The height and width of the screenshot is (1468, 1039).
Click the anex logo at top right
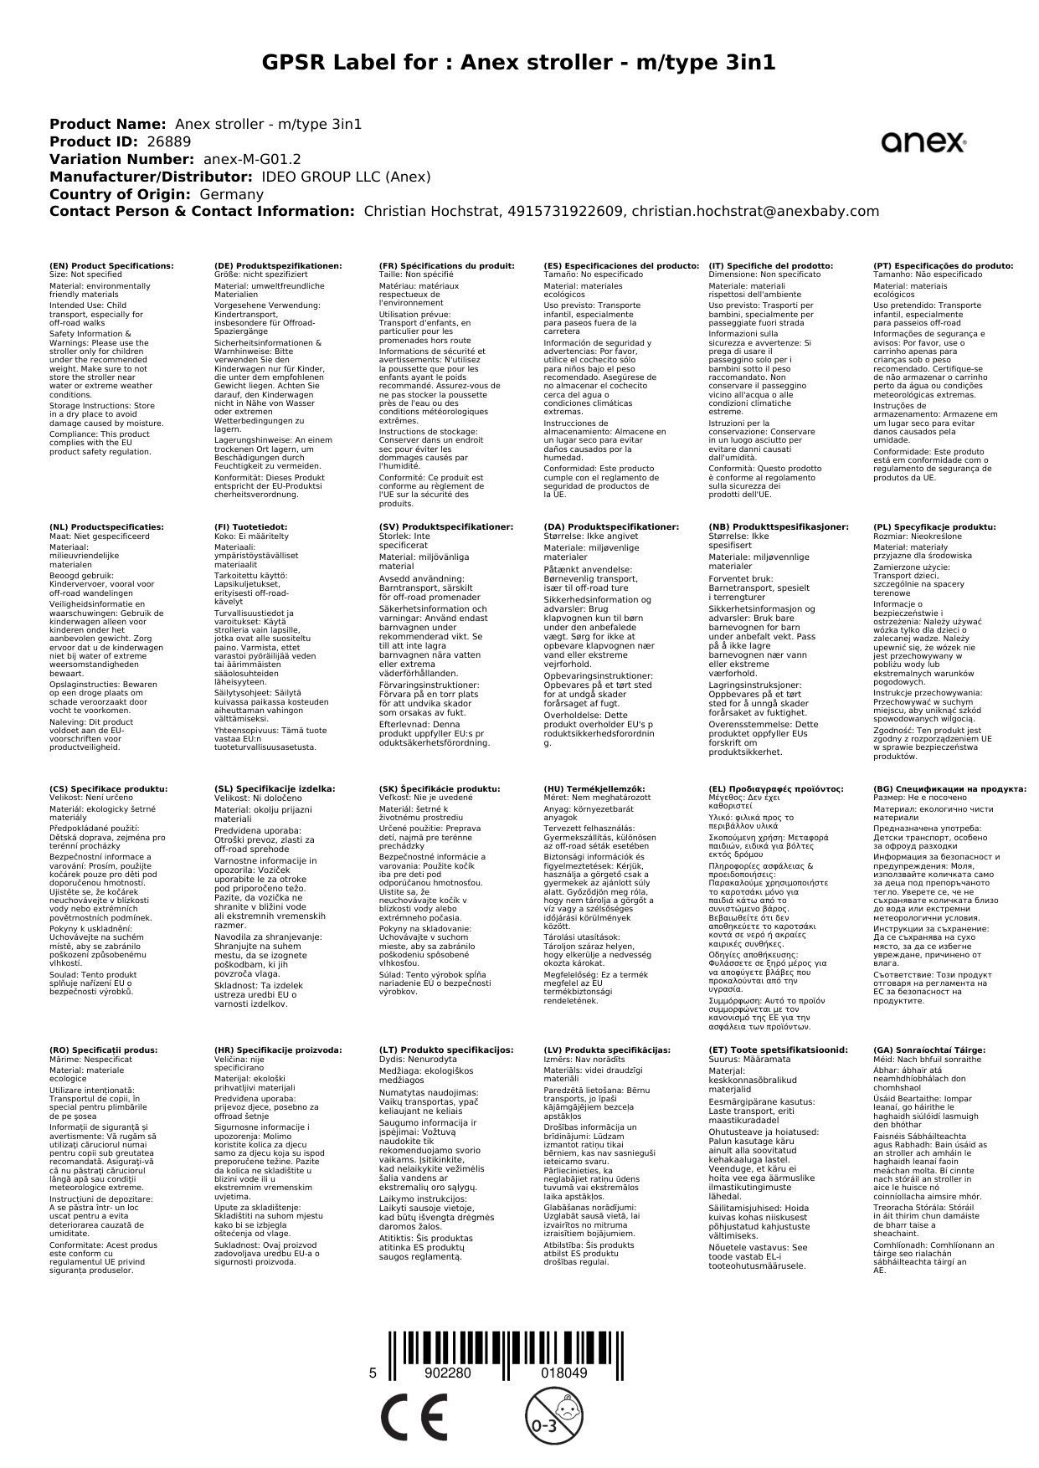point(923,143)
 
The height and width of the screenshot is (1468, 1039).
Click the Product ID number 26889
point(169,141)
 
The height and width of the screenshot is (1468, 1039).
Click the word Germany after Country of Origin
point(231,194)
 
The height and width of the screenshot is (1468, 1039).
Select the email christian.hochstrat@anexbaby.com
point(755,212)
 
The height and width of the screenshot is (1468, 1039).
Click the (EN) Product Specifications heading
point(111,266)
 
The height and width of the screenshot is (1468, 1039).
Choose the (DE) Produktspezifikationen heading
point(278,266)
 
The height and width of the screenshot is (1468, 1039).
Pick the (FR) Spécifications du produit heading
point(446,266)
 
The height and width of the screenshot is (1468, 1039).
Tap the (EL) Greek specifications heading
point(776,788)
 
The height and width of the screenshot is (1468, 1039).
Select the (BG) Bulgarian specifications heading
point(949,788)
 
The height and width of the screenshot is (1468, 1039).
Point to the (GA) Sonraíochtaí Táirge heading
point(929,1050)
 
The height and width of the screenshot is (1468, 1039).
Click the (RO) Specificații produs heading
point(104,1050)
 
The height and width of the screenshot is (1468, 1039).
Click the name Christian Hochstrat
point(432,212)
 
